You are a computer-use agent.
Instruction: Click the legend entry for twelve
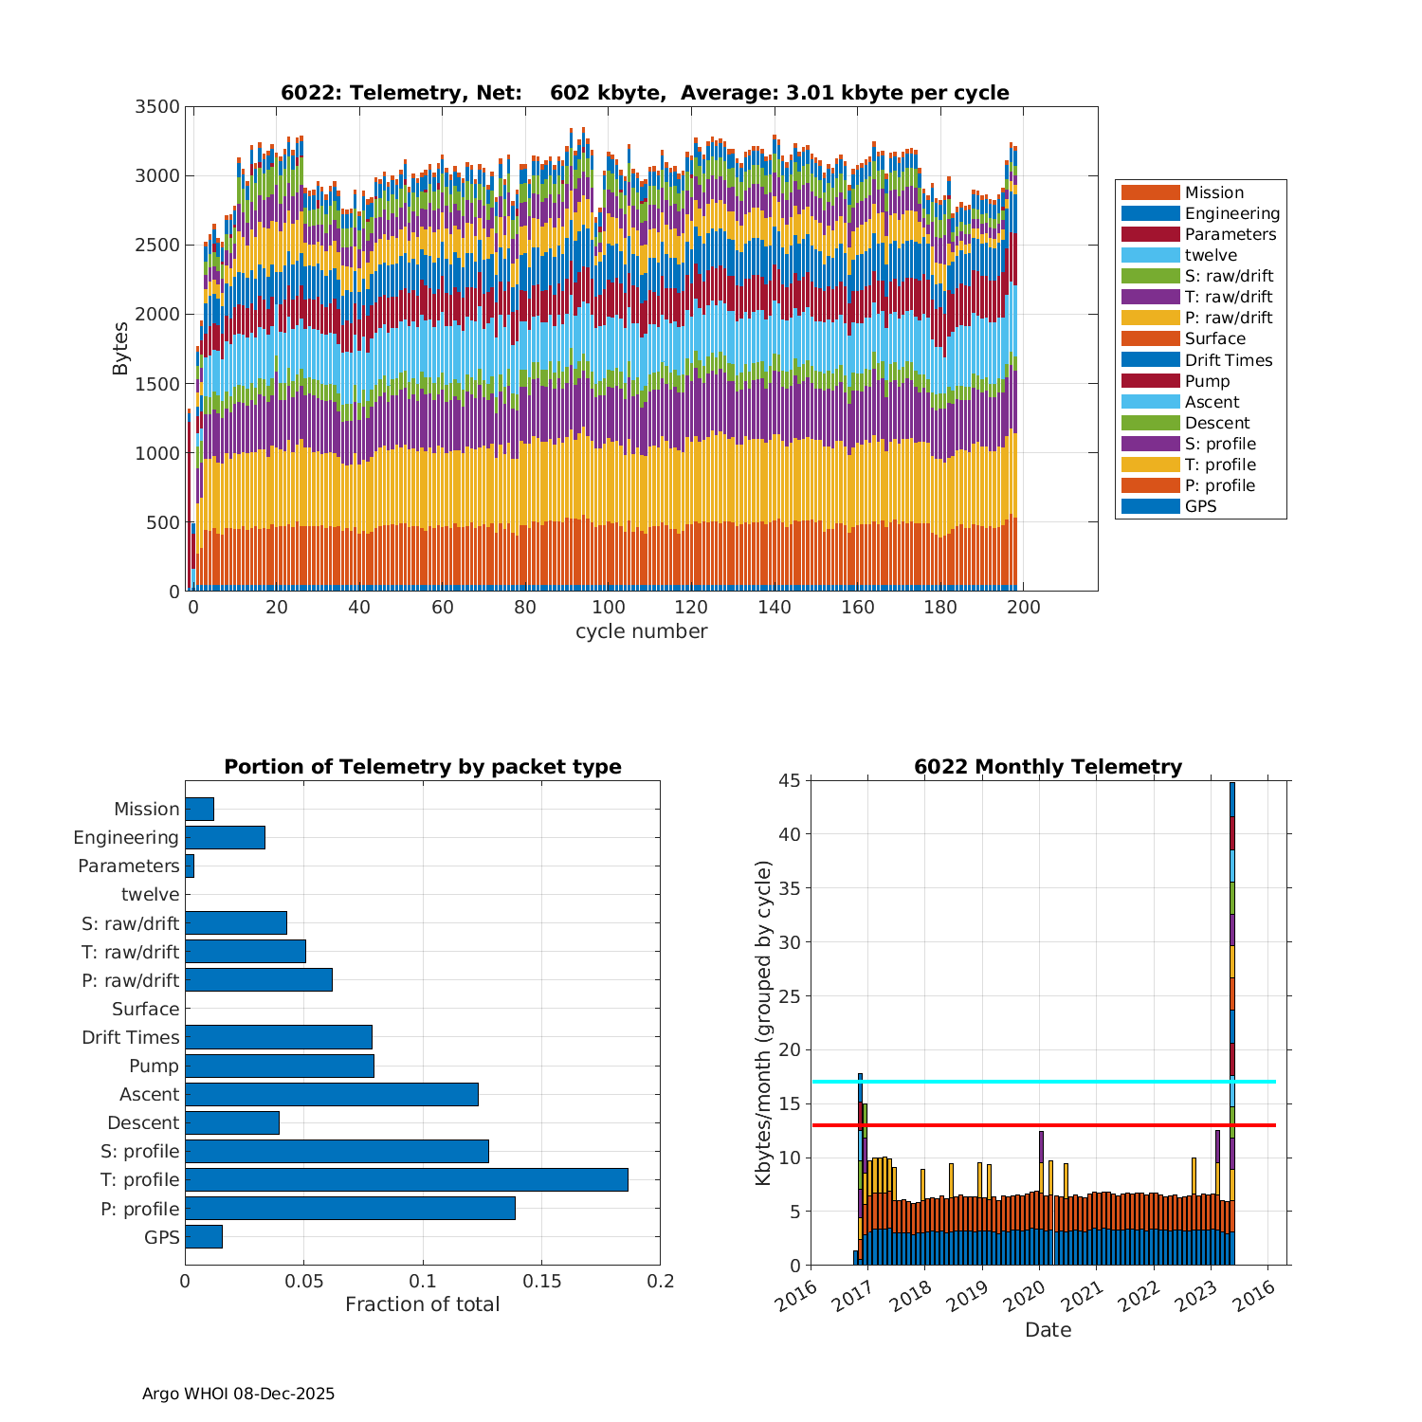point(1211,255)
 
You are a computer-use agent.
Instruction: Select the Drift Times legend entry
point(1228,360)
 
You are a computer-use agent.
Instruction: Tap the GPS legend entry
point(1200,506)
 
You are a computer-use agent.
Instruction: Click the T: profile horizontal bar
point(406,1179)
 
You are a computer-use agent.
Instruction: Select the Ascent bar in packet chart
point(331,1094)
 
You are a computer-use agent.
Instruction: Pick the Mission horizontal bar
point(199,809)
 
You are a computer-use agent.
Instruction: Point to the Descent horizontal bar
point(232,1122)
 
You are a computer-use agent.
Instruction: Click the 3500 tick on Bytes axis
point(157,107)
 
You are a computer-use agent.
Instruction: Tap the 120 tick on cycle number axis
point(691,608)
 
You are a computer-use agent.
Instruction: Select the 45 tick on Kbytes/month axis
point(790,780)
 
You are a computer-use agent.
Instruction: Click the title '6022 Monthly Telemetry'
point(1048,767)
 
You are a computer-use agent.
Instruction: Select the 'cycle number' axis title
point(641,631)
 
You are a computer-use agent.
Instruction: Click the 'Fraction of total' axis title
point(422,1304)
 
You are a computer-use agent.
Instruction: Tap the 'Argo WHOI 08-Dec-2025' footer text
point(238,1394)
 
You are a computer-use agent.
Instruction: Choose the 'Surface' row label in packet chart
point(145,1009)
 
